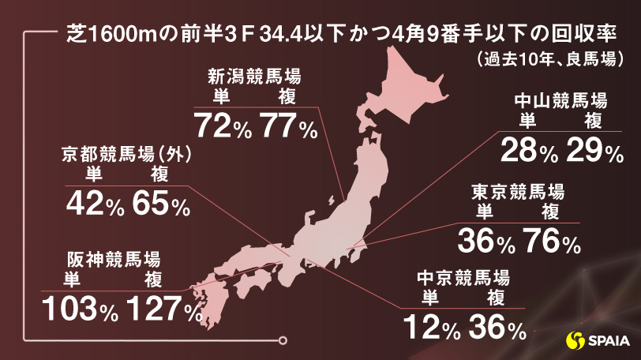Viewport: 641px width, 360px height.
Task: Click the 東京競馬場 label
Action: (518, 192)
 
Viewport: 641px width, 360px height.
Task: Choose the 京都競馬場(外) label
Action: (127, 155)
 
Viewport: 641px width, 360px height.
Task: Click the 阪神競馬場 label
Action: (114, 259)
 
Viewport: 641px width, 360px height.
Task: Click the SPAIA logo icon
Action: (577, 341)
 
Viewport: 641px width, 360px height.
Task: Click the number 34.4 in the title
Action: (260, 33)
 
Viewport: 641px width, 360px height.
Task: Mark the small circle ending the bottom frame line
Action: (283, 342)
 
